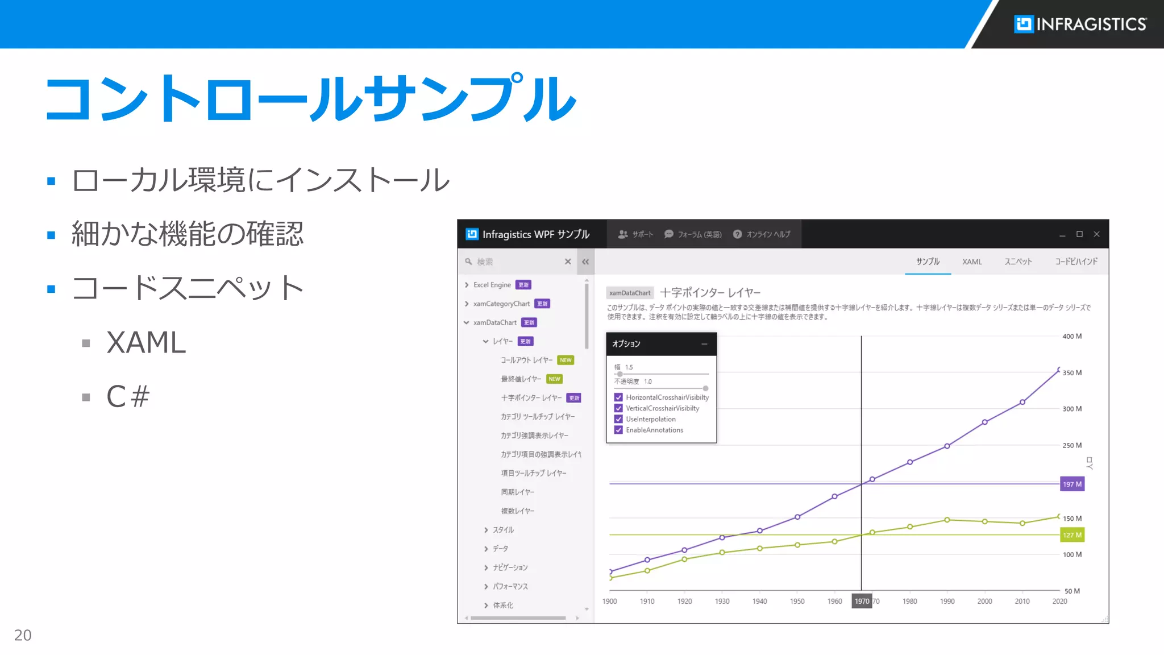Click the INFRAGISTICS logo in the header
click(1080, 24)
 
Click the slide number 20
click(23, 635)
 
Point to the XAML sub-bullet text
click(146, 342)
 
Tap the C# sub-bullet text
click(128, 396)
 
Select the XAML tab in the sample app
click(972, 262)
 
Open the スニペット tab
click(1018, 262)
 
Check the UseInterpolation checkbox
click(618, 419)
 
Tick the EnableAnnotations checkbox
click(618, 430)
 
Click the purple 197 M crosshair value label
click(1072, 484)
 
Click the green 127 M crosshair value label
click(1072, 535)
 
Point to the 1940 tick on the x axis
click(759, 601)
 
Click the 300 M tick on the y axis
click(1072, 409)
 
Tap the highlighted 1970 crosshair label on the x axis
click(862, 601)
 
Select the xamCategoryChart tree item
click(501, 304)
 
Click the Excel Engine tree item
click(492, 285)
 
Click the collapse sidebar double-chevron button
click(585, 262)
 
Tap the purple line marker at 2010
click(1022, 402)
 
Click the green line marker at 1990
click(947, 520)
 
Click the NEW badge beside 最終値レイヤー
click(554, 379)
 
